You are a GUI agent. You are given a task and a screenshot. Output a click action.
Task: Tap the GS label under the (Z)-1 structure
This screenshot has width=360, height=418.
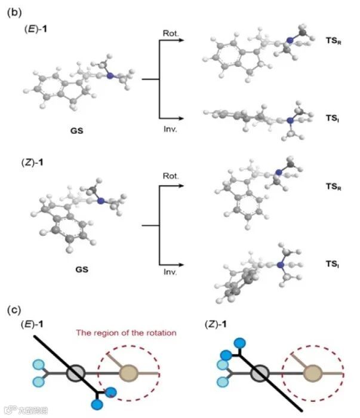(x=82, y=269)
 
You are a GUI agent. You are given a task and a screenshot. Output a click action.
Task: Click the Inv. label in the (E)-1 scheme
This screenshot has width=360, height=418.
(x=170, y=127)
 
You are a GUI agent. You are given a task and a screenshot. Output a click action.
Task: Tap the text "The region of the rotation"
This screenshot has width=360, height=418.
(x=126, y=332)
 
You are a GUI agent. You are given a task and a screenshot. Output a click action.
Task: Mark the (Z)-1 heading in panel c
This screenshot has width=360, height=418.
(x=216, y=325)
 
